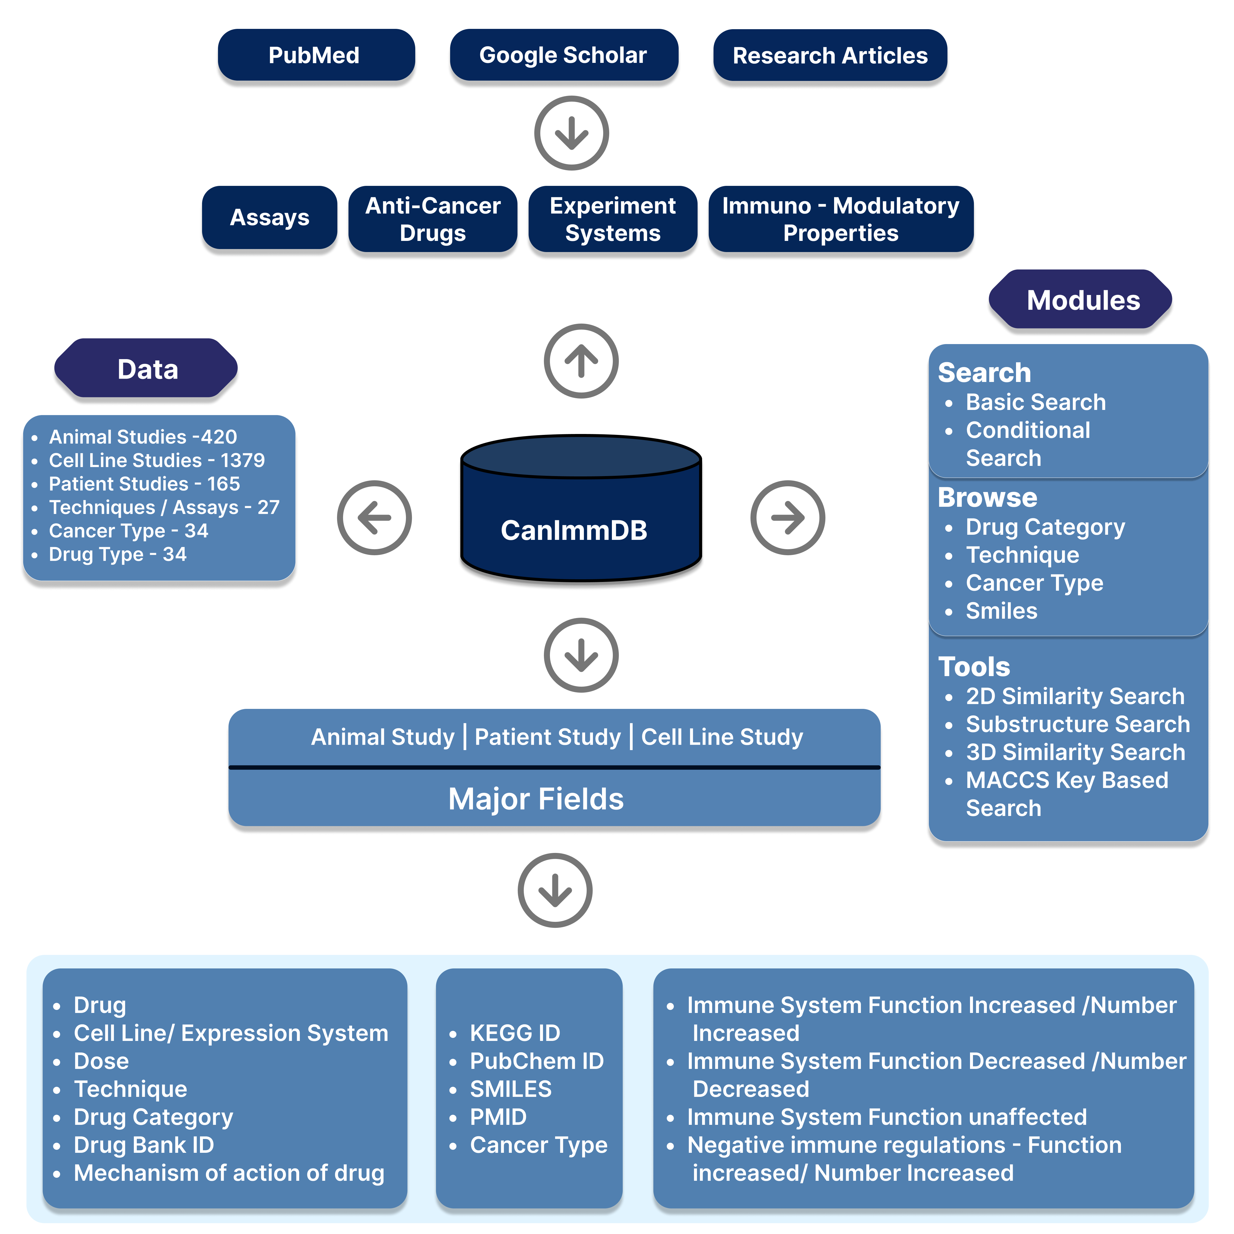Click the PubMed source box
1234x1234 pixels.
[x=315, y=56]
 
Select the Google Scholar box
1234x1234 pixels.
[x=563, y=56]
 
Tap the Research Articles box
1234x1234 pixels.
[x=830, y=56]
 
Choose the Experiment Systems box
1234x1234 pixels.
[x=612, y=219]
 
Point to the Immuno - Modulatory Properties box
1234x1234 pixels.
[x=840, y=219]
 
